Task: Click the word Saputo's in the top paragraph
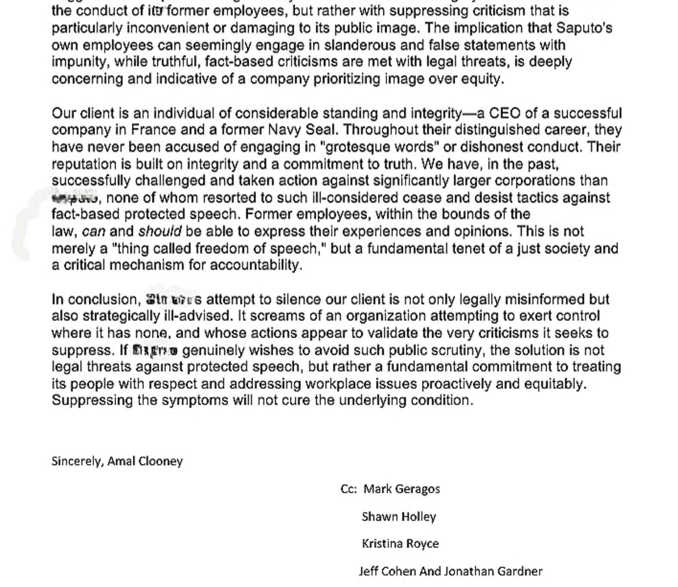click(x=584, y=28)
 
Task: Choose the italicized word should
click(x=159, y=232)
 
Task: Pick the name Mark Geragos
click(x=402, y=489)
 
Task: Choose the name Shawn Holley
click(x=399, y=517)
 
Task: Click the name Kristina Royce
click(x=400, y=544)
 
